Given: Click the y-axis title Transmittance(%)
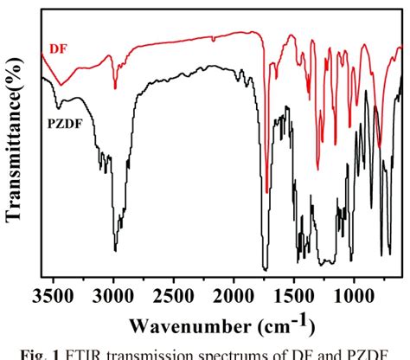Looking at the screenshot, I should [x=15, y=147].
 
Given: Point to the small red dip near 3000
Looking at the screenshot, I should [x=115, y=87].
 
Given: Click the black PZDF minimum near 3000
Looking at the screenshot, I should [x=115, y=250].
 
